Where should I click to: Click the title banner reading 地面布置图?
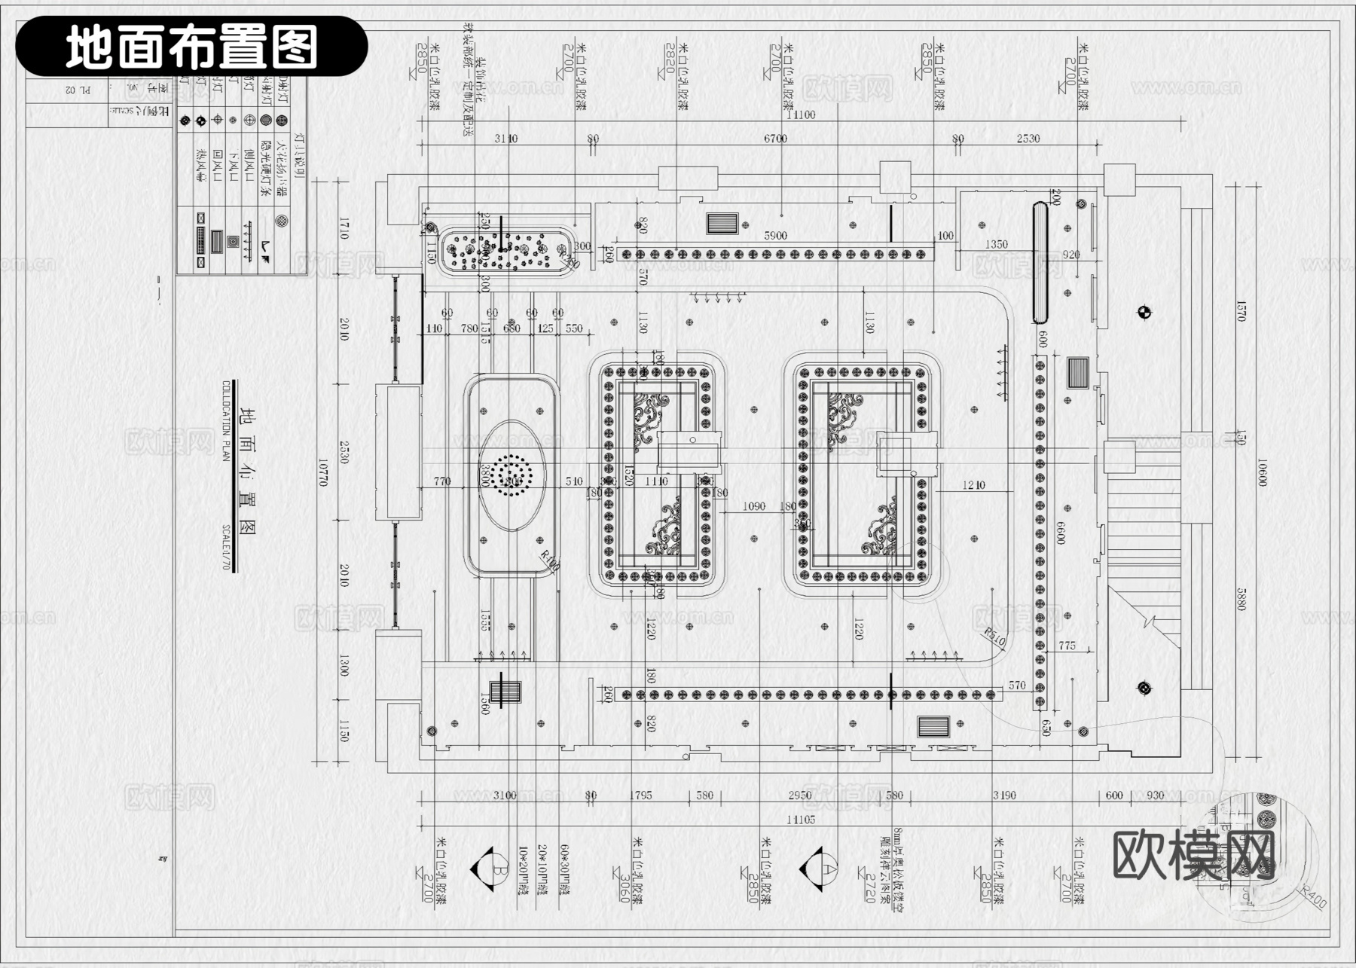[x=191, y=47]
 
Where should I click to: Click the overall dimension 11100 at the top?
[x=800, y=115]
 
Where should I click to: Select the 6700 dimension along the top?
[x=775, y=139]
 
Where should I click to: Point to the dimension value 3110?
[x=505, y=139]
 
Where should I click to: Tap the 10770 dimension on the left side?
[x=323, y=472]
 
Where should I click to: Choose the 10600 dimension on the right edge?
[x=1263, y=472]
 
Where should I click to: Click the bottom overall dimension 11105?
[x=800, y=820]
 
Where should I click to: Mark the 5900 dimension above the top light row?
[x=775, y=236]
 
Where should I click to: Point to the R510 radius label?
[x=994, y=637]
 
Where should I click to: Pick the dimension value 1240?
[x=973, y=485]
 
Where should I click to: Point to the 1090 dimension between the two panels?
[x=754, y=506]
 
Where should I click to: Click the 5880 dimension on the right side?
[x=1241, y=599]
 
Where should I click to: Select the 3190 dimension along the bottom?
[x=1004, y=795]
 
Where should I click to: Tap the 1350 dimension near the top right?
[x=996, y=245]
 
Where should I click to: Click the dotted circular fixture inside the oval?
[x=511, y=476]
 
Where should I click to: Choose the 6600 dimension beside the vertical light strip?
[x=1061, y=533]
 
